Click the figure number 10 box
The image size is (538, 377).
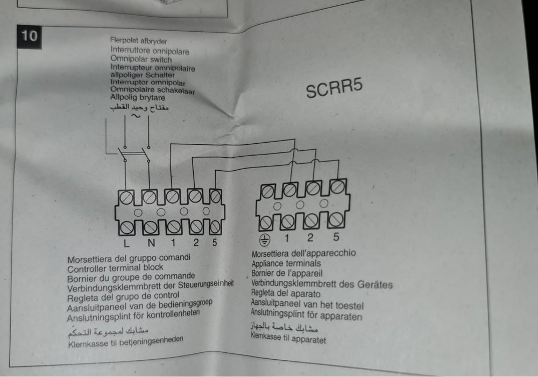click(29, 37)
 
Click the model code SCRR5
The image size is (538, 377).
click(334, 88)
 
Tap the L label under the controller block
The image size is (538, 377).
click(126, 243)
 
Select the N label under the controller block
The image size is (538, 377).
click(151, 243)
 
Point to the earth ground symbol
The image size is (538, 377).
click(264, 240)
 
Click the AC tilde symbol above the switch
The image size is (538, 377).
click(136, 116)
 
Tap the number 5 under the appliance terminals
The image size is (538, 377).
click(336, 236)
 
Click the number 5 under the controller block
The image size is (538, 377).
click(215, 242)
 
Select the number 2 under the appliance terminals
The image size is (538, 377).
click(310, 238)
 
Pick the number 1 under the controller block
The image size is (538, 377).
click(173, 243)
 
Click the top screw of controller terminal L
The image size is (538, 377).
click(126, 198)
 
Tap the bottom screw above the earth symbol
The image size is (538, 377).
click(265, 224)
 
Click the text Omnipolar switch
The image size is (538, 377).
click(140, 59)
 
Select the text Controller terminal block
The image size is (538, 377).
click(115, 268)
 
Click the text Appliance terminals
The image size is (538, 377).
click(286, 264)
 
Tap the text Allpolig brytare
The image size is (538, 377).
click(138, 97)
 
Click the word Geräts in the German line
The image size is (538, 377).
click(375, 284)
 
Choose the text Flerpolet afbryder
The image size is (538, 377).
click(139, 41)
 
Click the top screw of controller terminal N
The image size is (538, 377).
click(150, 198)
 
